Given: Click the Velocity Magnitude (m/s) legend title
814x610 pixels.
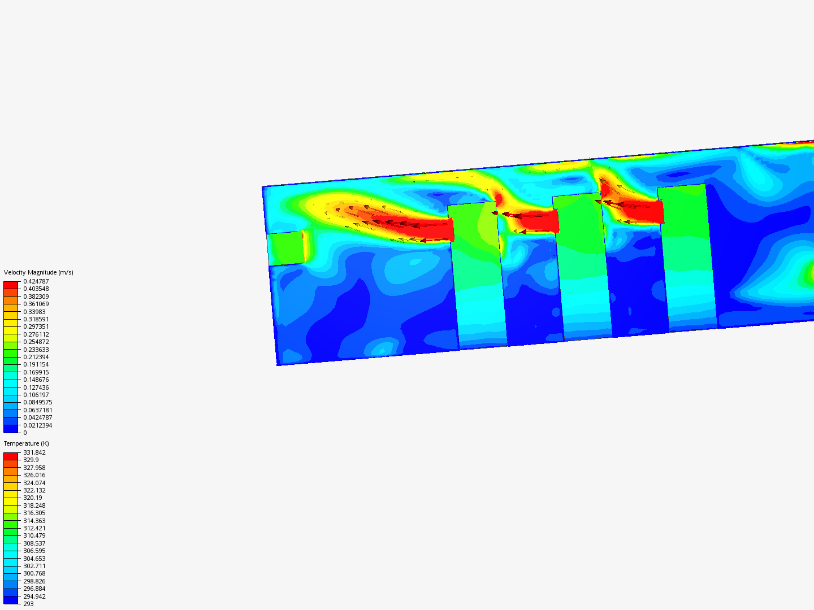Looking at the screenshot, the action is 38,272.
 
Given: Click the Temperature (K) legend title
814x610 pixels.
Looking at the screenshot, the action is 27,443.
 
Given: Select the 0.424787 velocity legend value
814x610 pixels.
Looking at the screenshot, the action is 36,281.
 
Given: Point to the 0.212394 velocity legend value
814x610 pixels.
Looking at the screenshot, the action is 36,357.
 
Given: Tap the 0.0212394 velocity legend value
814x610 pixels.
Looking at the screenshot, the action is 37,425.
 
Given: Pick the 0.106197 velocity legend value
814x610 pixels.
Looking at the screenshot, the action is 36,395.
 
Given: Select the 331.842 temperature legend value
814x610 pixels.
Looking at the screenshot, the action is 34,452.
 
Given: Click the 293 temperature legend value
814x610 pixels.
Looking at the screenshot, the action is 29,604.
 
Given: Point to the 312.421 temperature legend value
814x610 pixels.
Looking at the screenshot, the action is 34,528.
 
